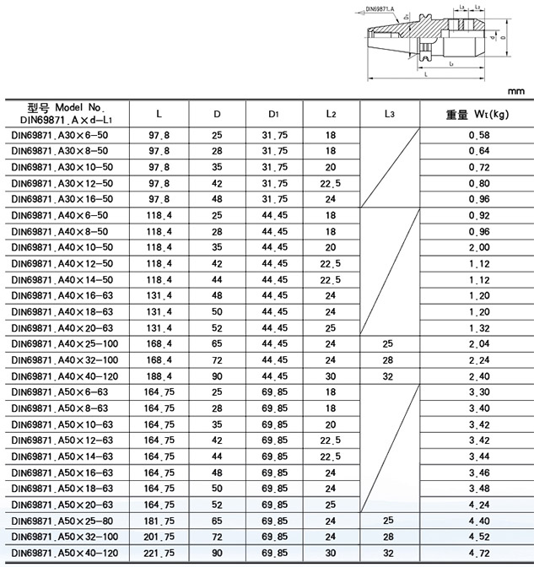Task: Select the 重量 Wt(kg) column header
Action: (477, 113)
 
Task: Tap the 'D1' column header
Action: (275, 113)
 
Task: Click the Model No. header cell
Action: (64, 113)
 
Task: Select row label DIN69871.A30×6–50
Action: (59, 135)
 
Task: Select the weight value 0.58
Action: (478, 135)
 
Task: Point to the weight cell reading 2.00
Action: (478, 248)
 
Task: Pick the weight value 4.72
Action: (478, 553)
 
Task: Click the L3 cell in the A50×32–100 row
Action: (388, 537)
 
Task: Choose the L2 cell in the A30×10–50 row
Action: (331, 167)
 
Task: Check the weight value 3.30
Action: (478, 392)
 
